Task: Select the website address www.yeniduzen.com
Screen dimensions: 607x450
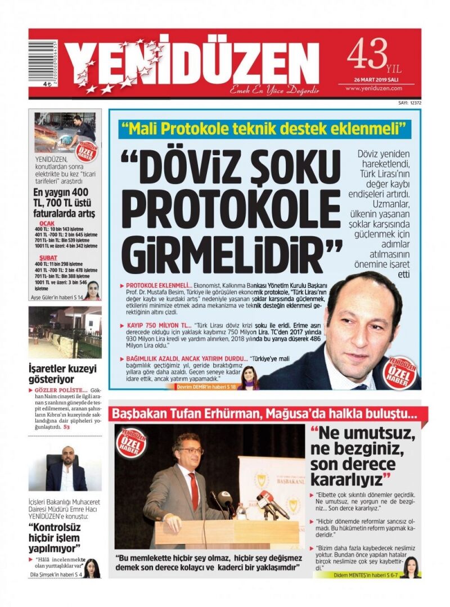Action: pos(376,88)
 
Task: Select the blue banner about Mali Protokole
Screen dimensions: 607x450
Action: pos(264,130)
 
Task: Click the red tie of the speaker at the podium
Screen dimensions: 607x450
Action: pos(193,490)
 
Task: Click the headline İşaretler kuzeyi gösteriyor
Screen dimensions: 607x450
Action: pos(62,374)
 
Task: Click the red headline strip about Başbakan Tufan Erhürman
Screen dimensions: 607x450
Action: pos(264,415)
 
